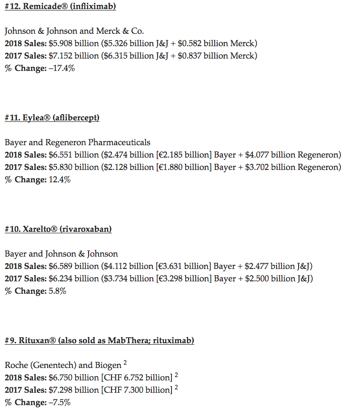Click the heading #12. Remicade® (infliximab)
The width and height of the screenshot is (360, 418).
point(60,6)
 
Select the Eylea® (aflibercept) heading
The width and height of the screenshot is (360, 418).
point(52,118)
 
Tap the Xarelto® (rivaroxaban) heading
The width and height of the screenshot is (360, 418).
point(58,229)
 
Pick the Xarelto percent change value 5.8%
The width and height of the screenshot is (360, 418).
point(56,291)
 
